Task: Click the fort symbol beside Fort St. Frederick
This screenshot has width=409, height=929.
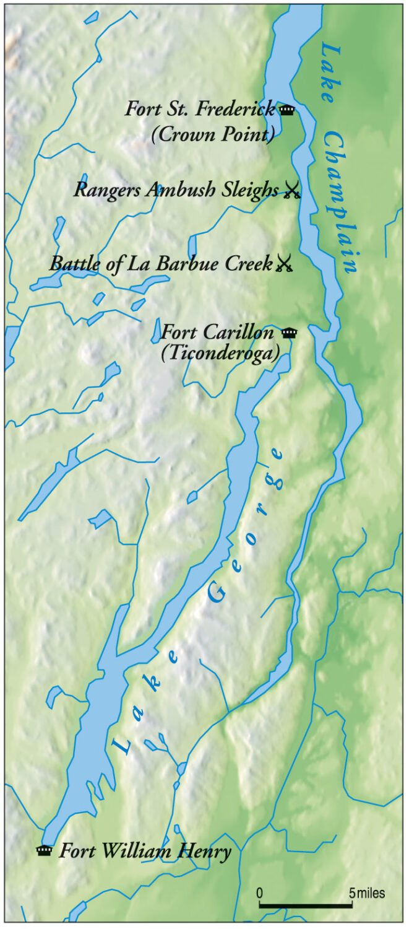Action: pyautogui.click(x=286, y=111)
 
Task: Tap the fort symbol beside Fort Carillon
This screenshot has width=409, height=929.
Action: pyautogui.click(x=288, y=333)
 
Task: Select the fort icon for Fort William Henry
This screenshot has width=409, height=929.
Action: pyautogui.click(x=44, y=851)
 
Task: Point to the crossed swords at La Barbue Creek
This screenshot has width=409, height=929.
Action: pyautogui.click(x=284, y=264)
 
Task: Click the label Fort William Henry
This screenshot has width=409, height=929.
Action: pyautogui.click(x=145, y=852)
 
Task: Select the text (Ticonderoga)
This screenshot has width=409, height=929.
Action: pyautogui.click(x=226, y=351)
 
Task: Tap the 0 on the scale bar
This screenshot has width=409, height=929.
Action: pyautogui.click(x=260, y=893)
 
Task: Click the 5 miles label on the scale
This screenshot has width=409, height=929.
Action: pyautogui.click(x=368, y=893)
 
